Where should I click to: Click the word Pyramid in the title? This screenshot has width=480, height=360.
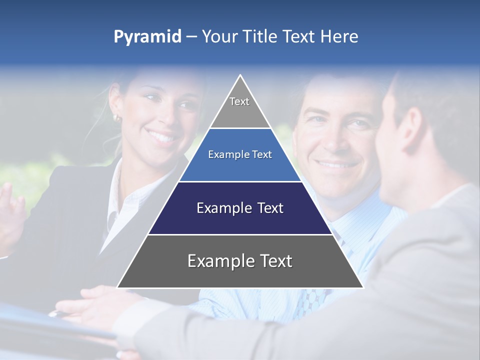[147, 37]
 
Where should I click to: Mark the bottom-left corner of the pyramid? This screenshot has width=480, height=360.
[118, 287]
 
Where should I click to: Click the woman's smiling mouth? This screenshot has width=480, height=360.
[161, 135]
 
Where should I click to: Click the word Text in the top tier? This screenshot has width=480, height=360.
[239, 101]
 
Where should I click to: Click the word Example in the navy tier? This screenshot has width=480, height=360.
[220, 208]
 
